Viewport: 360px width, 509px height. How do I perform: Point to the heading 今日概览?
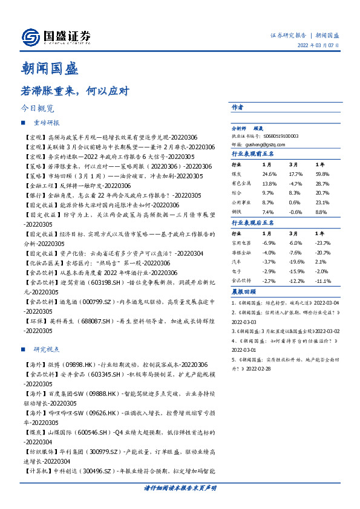click(x=37, y=109)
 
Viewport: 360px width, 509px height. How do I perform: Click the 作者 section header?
click(x=237, y=107)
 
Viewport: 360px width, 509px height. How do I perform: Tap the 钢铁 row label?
click(x=238, y=212)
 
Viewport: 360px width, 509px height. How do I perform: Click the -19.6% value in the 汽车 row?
click(x=296, y=262)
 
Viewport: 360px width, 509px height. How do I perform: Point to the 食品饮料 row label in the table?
click(x=241, y=280)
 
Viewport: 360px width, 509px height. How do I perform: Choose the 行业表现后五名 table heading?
click(x=253, y=223)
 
